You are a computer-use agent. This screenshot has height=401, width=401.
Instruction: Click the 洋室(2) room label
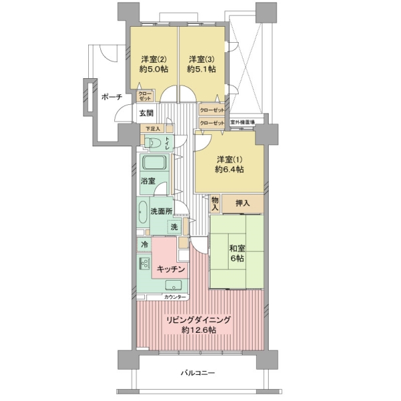click(154, 59)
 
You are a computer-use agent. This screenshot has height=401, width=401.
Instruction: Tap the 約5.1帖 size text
click(201, 70)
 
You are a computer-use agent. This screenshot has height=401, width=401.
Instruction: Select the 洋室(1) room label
click(229, 160)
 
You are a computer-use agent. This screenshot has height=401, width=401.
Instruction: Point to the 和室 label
click(237, 248)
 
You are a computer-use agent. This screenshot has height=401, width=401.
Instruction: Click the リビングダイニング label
click(198, 320)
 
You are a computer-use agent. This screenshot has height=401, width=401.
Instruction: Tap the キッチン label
click(170, 269)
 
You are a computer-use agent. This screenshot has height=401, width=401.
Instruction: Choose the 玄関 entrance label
click(146, 113)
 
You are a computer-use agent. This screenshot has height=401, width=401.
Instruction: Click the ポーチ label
click(112, 97)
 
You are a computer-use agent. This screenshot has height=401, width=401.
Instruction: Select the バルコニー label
click(198, 373)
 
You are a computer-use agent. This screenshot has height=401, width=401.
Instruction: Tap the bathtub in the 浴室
click(154, 162)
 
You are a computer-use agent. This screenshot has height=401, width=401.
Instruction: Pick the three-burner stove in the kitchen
click(144, 263)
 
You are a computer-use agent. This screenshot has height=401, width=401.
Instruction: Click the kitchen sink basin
click(173, 285)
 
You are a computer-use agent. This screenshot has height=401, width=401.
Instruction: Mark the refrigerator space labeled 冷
click(144, 245)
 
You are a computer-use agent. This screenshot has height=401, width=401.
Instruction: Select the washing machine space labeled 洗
click(174, 227)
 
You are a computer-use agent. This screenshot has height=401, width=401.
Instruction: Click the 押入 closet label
click(242, 204)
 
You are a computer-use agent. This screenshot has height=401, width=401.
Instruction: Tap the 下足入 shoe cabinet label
click(153, 128)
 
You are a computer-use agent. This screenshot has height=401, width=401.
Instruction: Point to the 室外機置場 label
click(243, 122)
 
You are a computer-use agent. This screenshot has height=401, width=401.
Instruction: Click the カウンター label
click(175, 297)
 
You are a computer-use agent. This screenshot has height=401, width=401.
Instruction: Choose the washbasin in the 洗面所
click(143, 212)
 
